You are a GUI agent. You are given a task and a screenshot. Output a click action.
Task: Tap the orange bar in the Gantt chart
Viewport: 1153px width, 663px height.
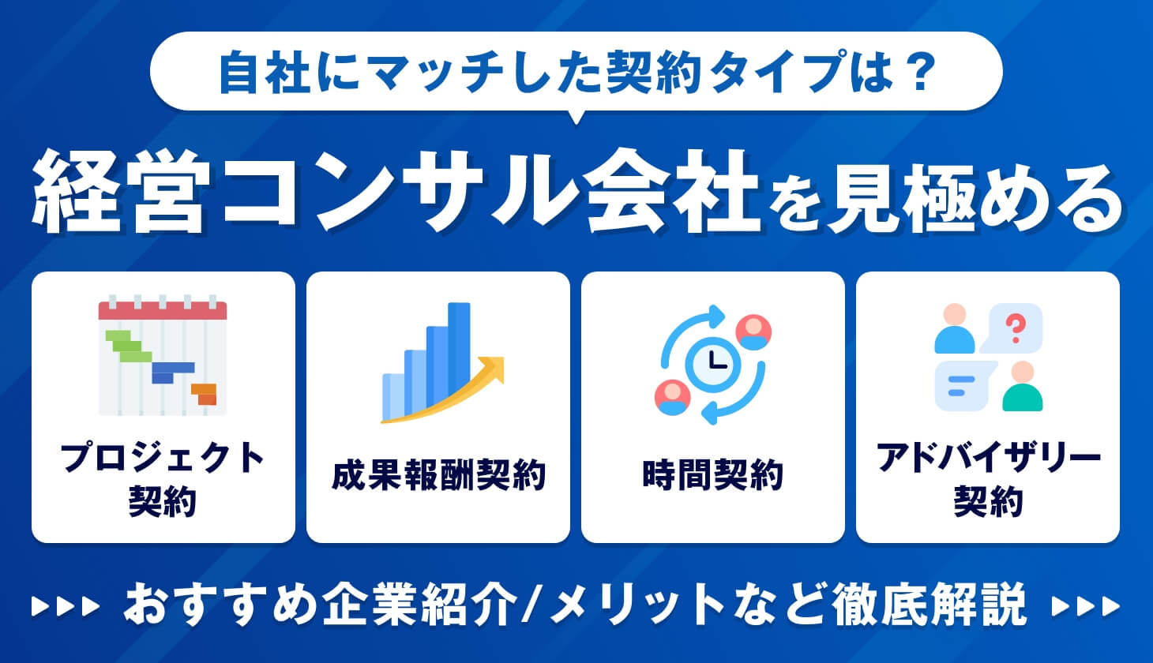coord(204,392)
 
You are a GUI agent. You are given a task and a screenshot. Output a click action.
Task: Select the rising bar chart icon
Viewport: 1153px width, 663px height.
coord(438,363)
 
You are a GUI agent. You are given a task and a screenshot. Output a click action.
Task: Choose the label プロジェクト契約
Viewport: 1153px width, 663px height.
coord(163,478)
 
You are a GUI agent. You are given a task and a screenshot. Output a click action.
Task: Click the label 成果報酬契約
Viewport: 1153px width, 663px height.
coord(438,476)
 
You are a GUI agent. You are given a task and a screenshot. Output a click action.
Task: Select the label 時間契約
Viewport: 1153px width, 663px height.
coord(713,476)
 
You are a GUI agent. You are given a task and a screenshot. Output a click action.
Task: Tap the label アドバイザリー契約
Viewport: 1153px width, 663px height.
coord(988,478)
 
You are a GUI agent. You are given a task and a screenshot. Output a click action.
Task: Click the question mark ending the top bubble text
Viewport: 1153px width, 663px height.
coord(918,71)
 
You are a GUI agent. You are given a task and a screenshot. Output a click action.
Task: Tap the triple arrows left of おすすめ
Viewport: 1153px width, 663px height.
coord(66,605)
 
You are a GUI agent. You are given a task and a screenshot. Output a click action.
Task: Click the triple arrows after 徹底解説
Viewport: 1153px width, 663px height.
coord(1087,605)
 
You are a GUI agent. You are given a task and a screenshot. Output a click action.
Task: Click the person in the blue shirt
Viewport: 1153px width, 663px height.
coord(955,329)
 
